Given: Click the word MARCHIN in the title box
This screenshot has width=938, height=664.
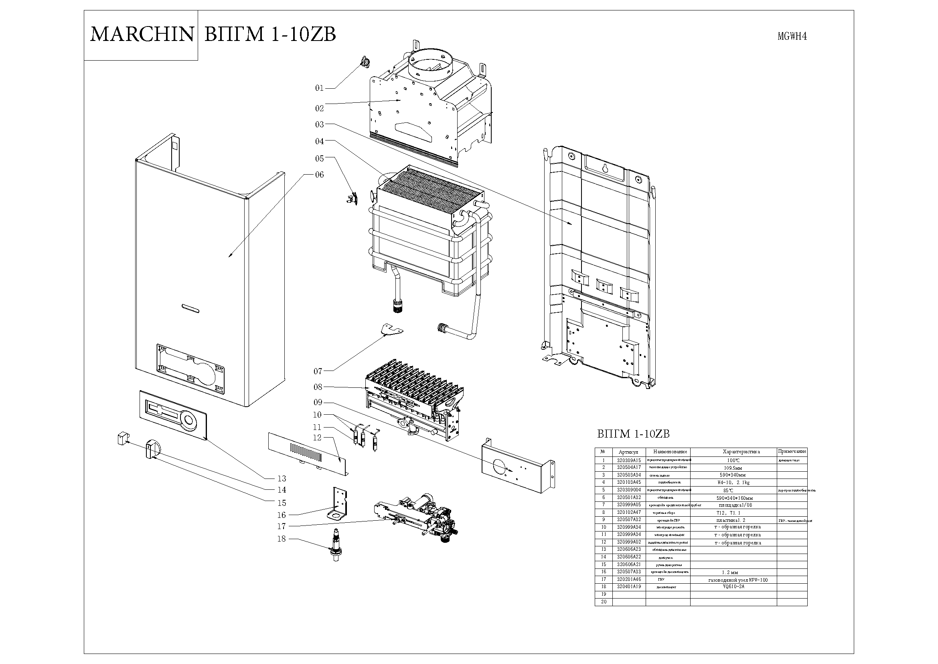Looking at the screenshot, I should click(141, 34).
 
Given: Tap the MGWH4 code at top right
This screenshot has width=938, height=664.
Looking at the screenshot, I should click(792, 37).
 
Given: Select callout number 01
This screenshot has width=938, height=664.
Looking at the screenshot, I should click(319, 88).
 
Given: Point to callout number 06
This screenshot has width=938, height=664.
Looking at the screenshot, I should click(320, 175).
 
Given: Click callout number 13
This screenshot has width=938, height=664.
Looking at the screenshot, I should click(282, 479).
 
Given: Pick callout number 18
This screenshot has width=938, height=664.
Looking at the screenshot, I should click(282, 539).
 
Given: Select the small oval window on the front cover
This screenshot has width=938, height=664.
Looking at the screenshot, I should click(190, 308).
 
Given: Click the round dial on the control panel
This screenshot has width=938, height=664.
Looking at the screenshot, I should click(189, 421).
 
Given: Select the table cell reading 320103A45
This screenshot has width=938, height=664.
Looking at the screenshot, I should click(629, 483).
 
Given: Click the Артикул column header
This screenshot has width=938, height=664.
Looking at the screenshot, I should click(629, 452).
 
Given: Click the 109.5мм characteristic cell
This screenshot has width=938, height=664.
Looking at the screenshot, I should click(733, 468).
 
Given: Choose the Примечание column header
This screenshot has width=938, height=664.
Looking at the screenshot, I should click(792, 452).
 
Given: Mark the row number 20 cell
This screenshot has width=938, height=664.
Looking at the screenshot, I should click(604, 602).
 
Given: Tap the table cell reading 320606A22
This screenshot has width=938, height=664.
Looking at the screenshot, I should click(629, 557).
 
